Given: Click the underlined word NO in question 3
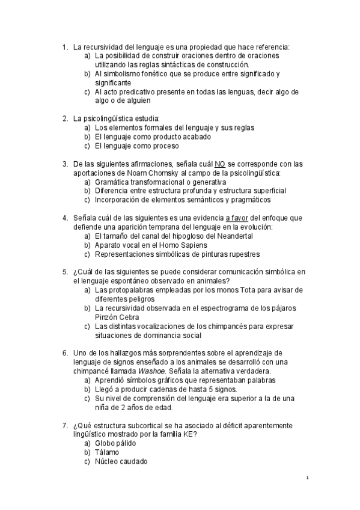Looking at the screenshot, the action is tap(220, 164).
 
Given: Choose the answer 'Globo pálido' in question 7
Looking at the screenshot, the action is tap(115, 443).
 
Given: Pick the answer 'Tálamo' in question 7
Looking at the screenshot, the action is tap(107, 452).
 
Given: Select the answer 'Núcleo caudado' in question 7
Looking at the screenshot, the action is tap(121, 461).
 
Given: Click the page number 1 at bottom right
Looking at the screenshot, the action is tap(307, 478).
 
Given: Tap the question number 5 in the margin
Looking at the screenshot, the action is tap(65, 272).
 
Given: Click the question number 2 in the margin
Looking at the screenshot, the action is tap(65, 118).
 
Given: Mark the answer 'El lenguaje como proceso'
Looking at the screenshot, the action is tap(136, 146).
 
